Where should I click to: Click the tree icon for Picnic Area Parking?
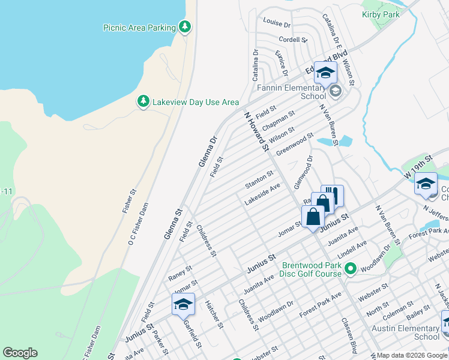point(185,27)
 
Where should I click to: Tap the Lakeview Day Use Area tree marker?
point(143,102)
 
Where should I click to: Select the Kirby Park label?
point(381,14)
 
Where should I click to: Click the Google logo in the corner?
point(20,353)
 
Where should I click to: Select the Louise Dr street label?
point(277,24)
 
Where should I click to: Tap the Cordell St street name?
point(293,40)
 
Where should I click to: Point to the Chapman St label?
point(279,118)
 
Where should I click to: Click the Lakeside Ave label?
point(262,194)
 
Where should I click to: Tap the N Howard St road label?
point(256,131)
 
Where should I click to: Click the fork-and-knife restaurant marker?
point(333,195)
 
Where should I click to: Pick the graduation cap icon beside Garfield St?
point(184,305)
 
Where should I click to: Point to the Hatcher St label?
point(214,315)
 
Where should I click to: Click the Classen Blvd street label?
point(349,340)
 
